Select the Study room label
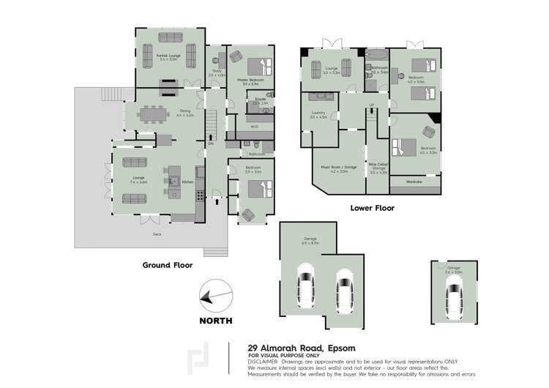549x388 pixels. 216,73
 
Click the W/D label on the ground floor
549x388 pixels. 254,126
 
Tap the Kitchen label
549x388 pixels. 187,182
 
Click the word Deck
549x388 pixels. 157,234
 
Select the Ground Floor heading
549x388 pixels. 168,265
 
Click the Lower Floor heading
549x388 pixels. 372,208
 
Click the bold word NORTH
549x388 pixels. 215,321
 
